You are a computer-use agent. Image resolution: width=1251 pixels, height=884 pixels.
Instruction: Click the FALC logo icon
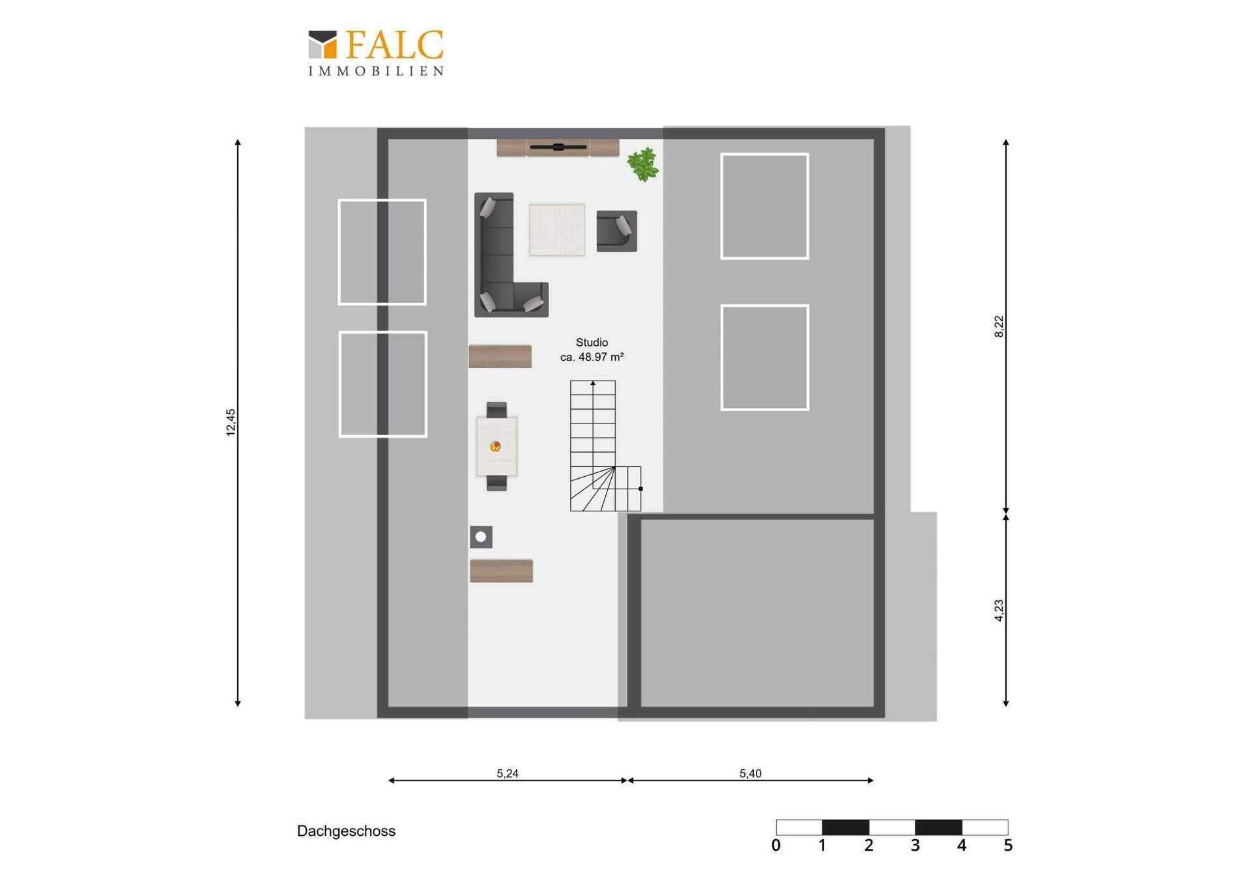click(x=323, y=44)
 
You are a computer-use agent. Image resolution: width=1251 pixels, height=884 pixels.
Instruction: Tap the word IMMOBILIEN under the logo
click(x=376, y=71)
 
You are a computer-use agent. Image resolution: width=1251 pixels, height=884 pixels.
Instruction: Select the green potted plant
click(x=643, y=165)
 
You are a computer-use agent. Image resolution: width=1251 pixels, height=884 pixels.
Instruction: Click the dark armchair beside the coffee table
click(x=616, y=231)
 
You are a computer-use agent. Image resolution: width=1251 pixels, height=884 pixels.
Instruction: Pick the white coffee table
click(x=556, y=230)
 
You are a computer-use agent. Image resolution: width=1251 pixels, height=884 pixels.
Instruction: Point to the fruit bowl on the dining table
click(x=495, y=446)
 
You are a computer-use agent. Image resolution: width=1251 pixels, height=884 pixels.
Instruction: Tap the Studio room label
click(x=592, y=342)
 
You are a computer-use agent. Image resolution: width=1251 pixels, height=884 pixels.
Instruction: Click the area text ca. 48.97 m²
click(x=592, y=357)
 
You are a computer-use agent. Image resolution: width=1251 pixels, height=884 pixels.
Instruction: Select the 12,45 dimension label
click(x=231, y=422)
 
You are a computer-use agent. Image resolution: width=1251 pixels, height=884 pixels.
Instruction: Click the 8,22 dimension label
click(x=999, y=326)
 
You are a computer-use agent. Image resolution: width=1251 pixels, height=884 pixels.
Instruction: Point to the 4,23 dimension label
click(x=999, y=610)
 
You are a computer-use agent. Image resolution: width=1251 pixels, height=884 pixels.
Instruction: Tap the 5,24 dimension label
click(x=508, y=773)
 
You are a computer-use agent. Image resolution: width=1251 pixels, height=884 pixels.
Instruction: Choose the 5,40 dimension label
click(x=750, y=773)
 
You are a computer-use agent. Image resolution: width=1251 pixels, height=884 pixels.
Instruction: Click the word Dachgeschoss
click(x=346, y=831)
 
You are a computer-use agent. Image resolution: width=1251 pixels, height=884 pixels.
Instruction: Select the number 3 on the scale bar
click(x=915, y=846)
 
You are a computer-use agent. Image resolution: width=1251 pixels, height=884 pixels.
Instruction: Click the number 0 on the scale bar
click(x=775, y=846)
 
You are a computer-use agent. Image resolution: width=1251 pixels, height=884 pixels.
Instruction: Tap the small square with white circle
click(x=481, y=537)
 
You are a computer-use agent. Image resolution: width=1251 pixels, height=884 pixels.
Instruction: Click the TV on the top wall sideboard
click(x=558, y=147)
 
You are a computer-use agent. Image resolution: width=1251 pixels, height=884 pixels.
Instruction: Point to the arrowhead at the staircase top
click(x=593, y=384)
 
